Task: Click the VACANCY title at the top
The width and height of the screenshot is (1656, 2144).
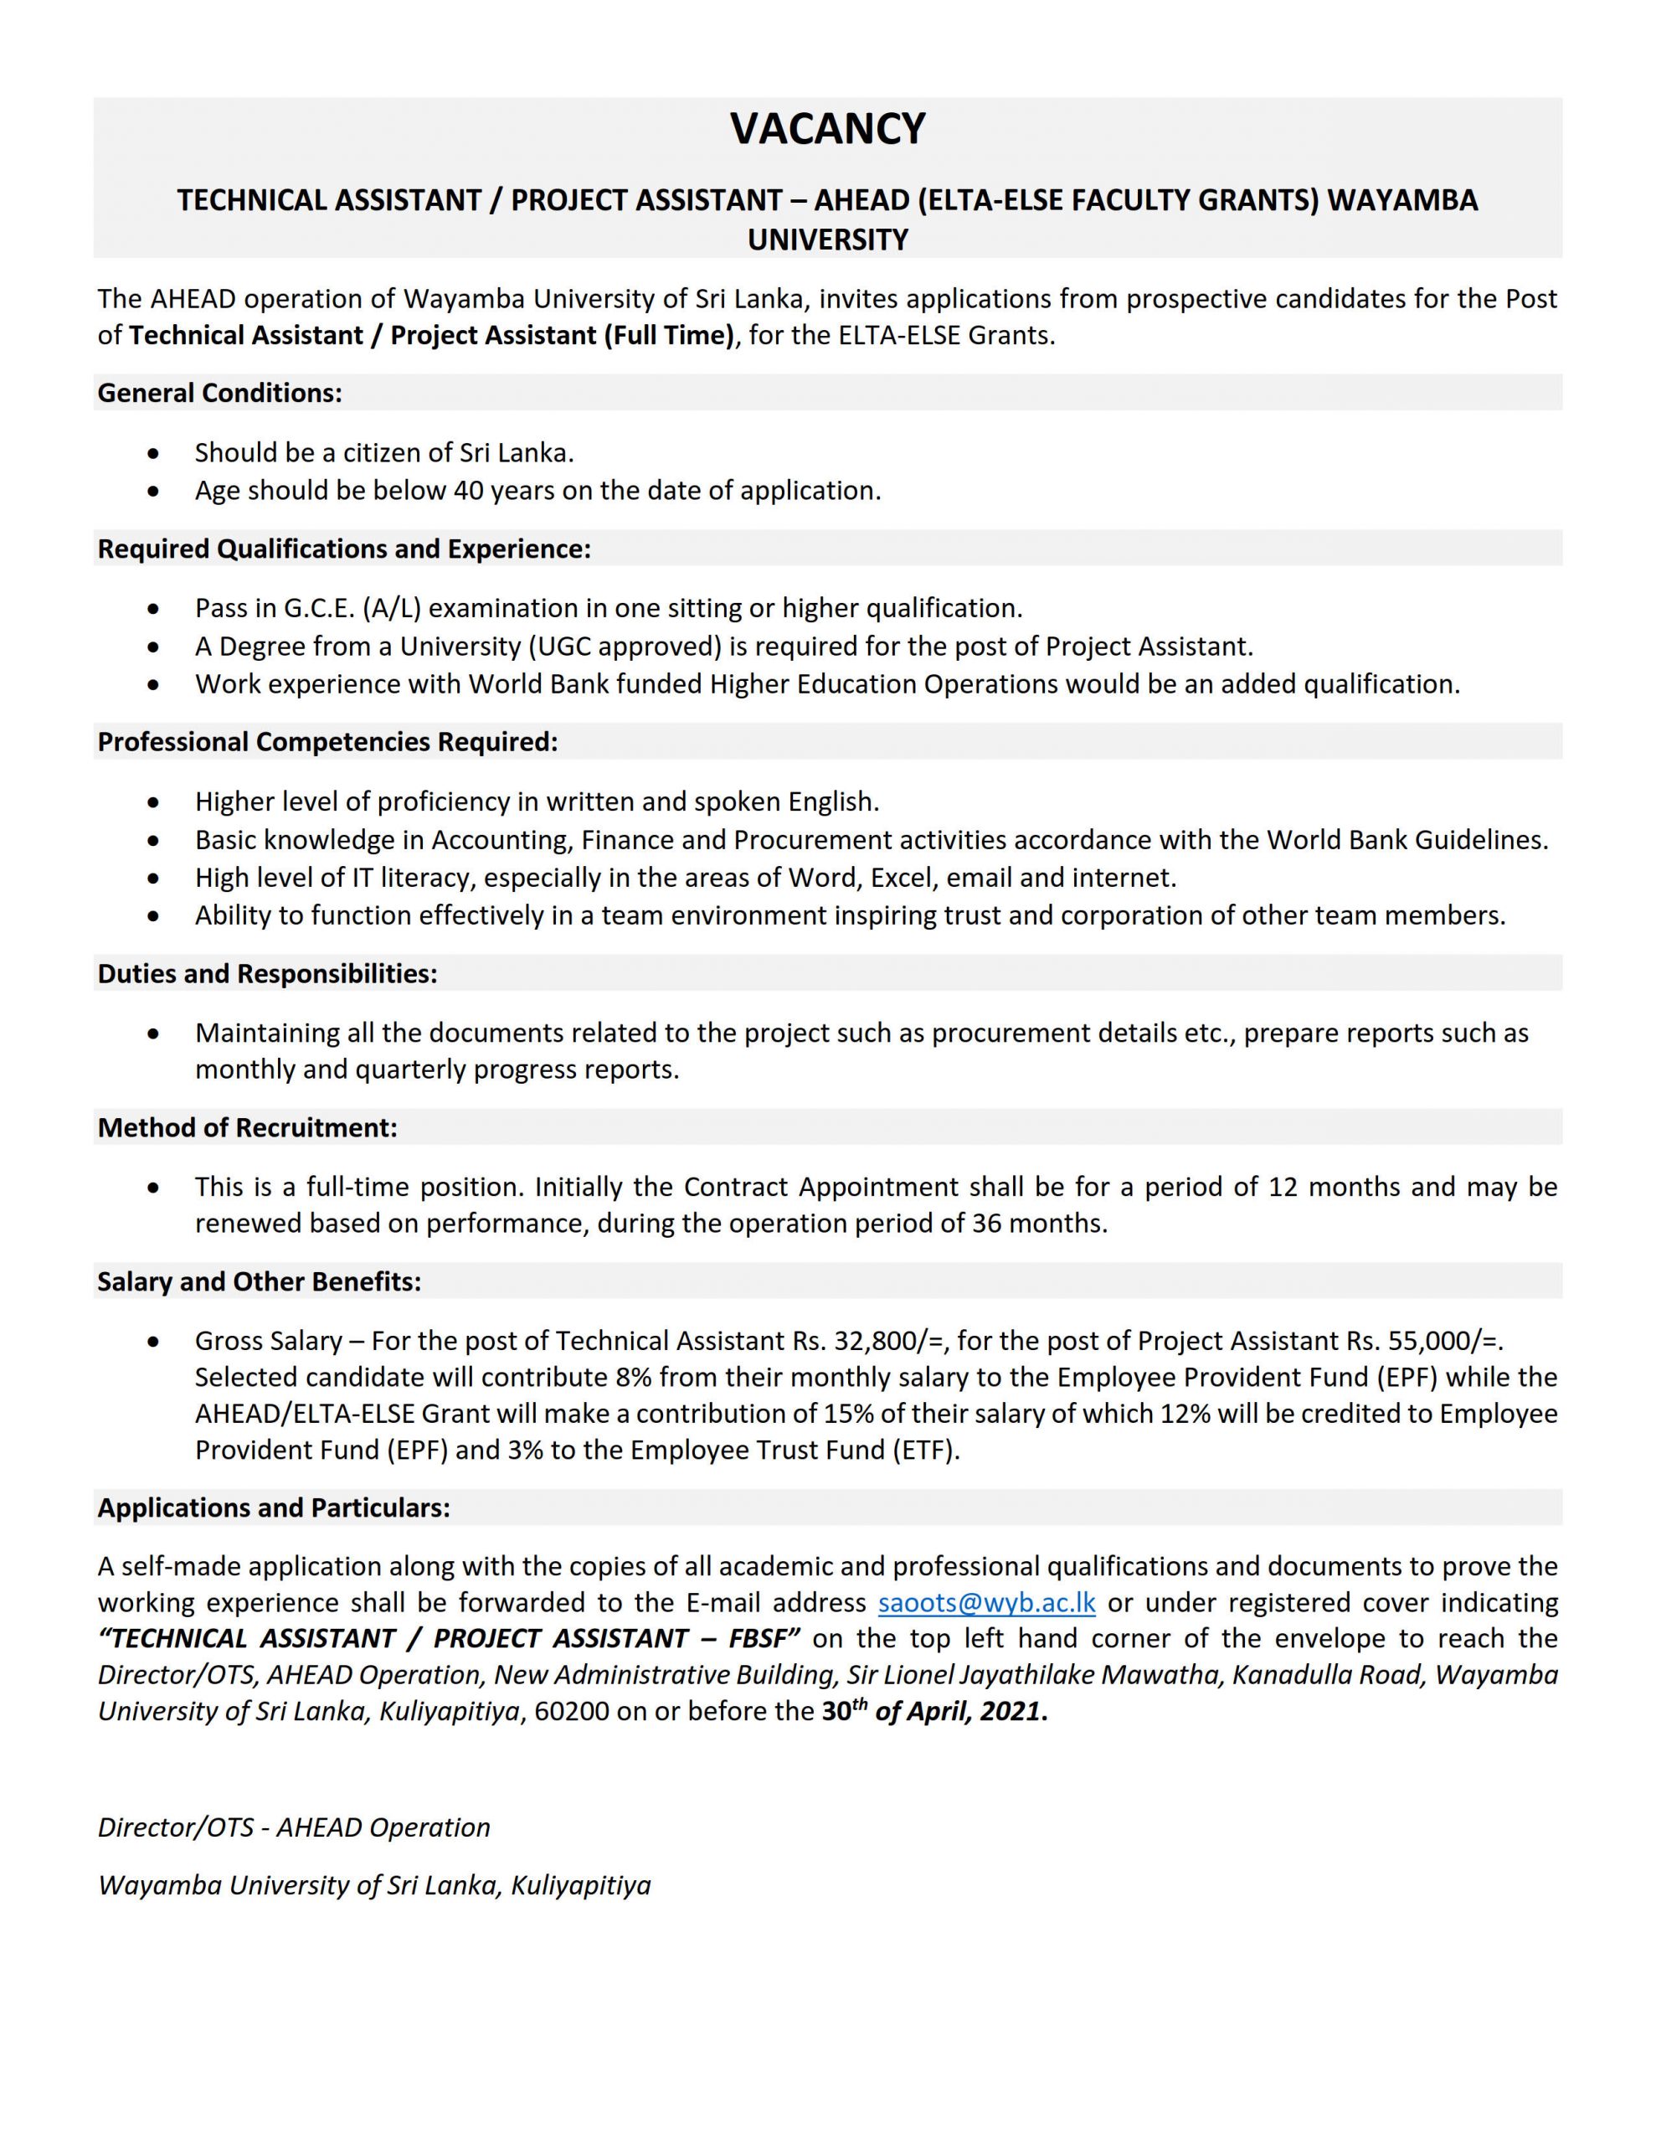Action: (827, 129)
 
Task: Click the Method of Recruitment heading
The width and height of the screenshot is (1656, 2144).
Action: (247, 1127)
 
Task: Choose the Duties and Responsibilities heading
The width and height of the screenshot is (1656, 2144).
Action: (267, 973)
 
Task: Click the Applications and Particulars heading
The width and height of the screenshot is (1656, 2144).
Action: (274, 1507)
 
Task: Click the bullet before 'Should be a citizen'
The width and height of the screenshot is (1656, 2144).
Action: (153, 454)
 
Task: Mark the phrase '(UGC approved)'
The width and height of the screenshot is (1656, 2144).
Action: (638, 646)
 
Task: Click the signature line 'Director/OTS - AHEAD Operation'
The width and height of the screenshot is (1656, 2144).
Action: (294, 1827)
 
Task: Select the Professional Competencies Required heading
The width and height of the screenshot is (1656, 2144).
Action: (327, 741)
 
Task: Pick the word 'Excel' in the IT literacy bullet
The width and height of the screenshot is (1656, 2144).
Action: (899, 877)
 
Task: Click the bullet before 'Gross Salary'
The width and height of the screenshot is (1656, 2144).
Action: (153, 1342)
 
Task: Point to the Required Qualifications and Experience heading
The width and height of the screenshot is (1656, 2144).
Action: (343, 548)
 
